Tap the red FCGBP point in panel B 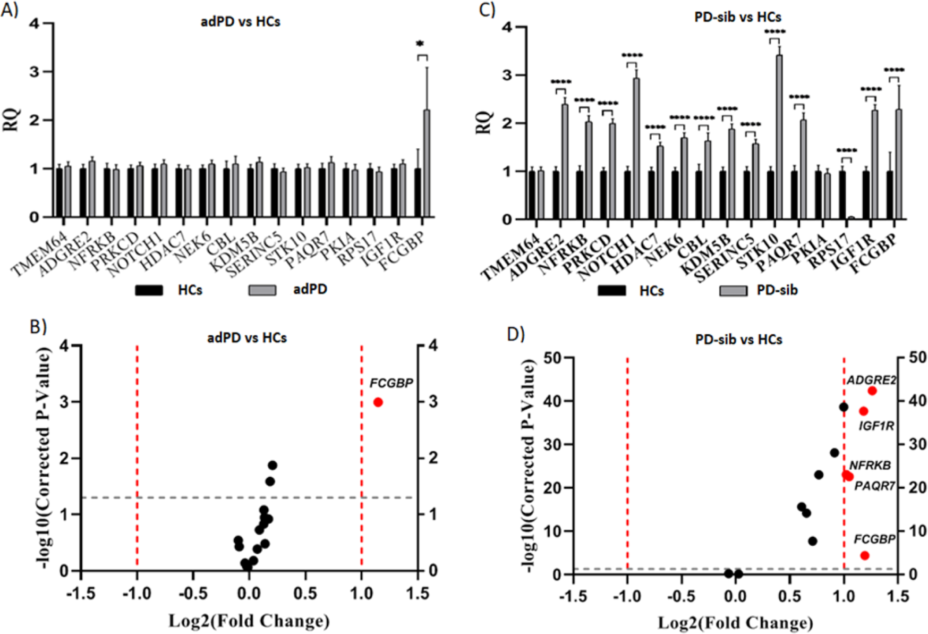tap(378, 402)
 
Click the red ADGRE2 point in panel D tap(872, 391)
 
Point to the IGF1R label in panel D tap(876, 426)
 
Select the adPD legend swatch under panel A tap(262, 290)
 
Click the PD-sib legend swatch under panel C tap(733, 291)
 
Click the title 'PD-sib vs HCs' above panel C tap(738, 17)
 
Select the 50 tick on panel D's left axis tap(553, 358)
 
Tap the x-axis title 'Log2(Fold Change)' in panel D tap(735, 622)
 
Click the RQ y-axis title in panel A tap(12, 120)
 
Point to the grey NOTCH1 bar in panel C tap(636, 149)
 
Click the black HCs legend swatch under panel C tap(611, 291)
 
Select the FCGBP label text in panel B tap(391, 383)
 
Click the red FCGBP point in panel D tap(864, 555)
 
